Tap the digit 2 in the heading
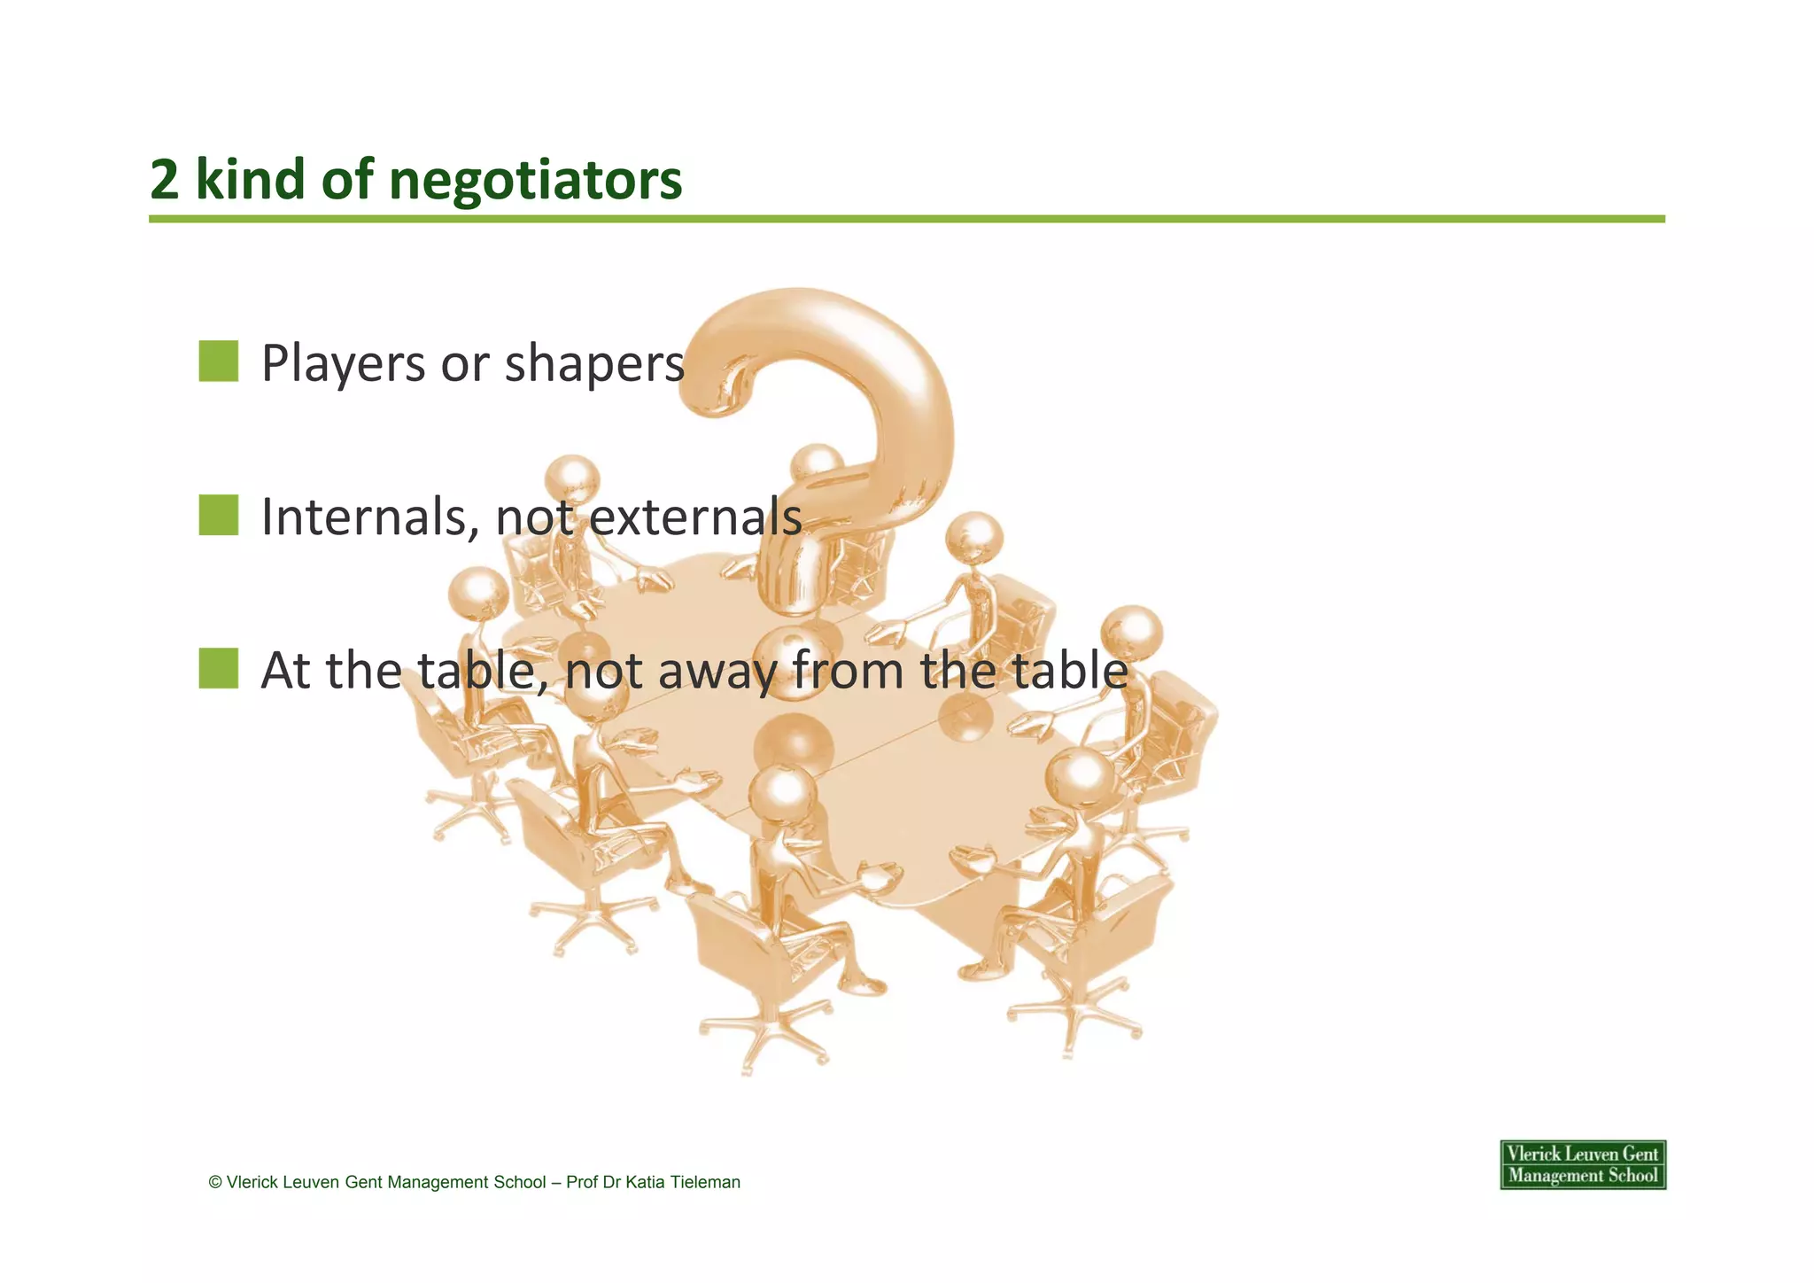coord(164,180)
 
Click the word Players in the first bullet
coord(343,363)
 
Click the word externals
coord(695,517)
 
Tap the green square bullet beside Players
coord(219,362)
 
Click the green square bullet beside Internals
coord(219,516)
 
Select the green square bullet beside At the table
coord(219,669)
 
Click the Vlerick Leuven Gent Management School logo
coord(1583,1164)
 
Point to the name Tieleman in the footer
coord(705,1182)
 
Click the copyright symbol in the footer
coord(215,1182)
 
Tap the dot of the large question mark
coord(794,660)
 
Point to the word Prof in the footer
coord(582,1182)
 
